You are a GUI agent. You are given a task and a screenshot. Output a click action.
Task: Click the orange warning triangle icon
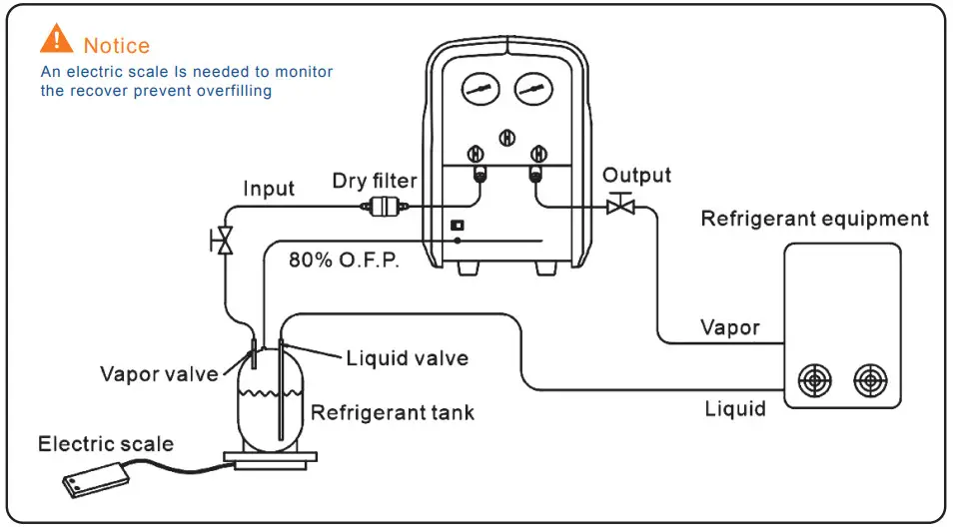[57, 40]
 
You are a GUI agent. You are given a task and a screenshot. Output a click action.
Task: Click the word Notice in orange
[117, 46]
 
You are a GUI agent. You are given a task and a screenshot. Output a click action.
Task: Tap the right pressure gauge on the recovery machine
[532, 90]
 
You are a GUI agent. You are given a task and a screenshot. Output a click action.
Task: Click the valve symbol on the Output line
[621, 206]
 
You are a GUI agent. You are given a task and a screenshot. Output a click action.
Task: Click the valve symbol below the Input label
[225, 241]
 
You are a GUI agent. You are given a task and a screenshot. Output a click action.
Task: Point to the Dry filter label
[375, 182]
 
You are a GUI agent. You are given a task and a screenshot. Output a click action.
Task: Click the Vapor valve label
[159, 374]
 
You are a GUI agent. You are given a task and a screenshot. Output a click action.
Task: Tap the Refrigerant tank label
[393, 411]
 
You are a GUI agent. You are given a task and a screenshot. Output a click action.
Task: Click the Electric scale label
[106, 443]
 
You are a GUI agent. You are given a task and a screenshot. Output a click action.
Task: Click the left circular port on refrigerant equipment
[816, 379]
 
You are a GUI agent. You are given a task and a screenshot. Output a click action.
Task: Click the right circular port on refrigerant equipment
[870, 379]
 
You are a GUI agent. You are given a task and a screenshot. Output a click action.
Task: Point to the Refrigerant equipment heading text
[814, 219]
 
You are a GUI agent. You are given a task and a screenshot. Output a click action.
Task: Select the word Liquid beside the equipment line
[735, 408]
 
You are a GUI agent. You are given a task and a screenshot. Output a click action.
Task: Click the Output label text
[637, 176]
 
